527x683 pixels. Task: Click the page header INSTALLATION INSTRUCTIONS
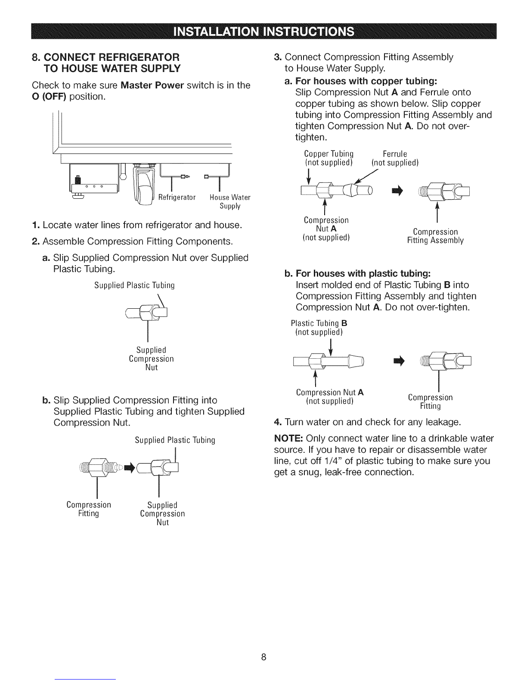(263, 31)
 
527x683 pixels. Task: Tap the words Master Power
(152, 85)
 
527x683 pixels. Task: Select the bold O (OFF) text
(49, 97)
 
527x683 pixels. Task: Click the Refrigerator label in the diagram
(177, 197)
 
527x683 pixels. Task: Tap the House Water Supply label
(230, 201)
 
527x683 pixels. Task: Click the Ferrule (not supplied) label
(395, 158)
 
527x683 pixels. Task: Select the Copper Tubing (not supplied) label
(329, 158)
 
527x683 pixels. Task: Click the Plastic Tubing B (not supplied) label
(319, 328)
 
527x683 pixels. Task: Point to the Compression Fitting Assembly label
(435, 236)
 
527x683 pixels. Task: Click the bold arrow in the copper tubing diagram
(397, 191)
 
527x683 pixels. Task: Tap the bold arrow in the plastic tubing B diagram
(399, 361)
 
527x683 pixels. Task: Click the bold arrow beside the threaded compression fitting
(129, 468)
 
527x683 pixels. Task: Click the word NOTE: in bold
(288, 438)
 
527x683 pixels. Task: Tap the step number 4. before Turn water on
(278, 422)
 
